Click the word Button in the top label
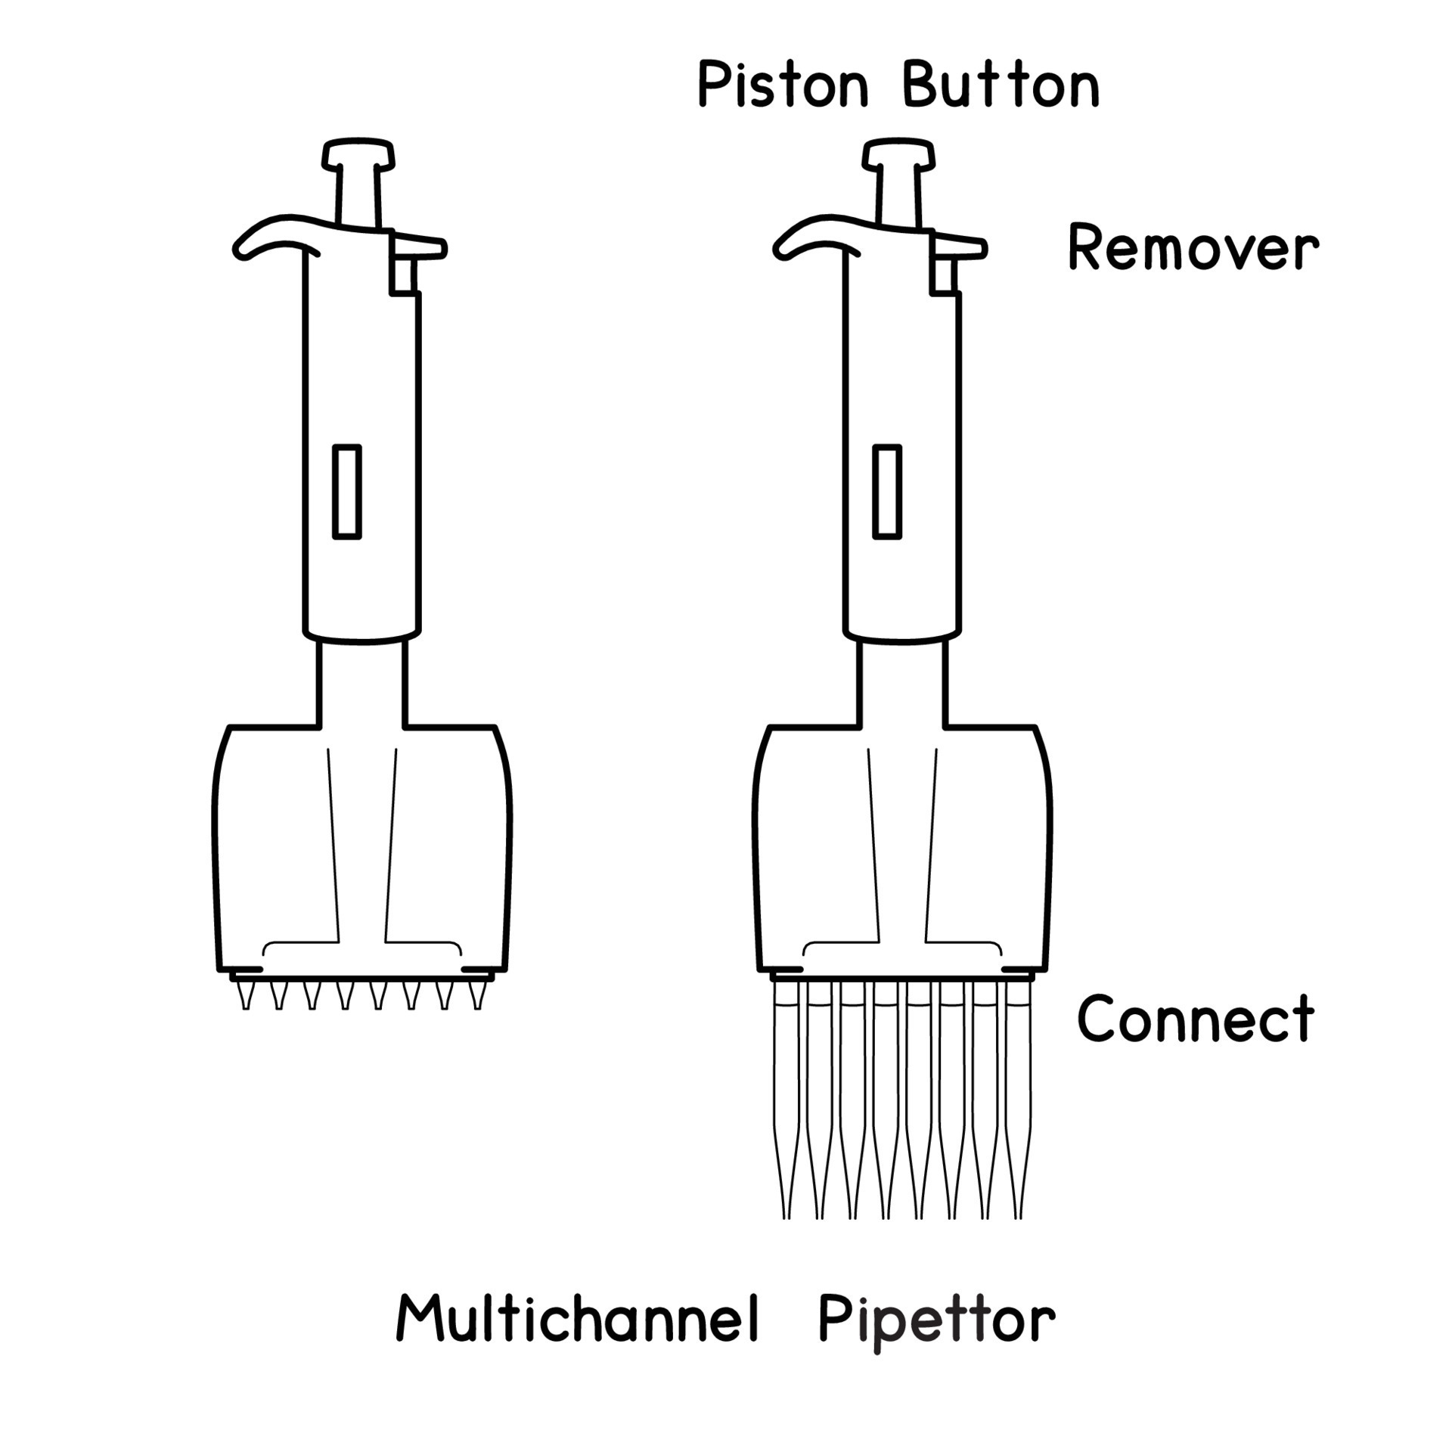(1001, 85)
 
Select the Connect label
(1195, 1019)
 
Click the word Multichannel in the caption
(578, 1318)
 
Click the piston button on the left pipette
(358, 155)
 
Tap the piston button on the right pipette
(899, 155)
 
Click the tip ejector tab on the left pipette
(418, 248)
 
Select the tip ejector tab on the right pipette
(959, 248)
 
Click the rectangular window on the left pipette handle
(347, 492)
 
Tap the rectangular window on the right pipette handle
(887, 492)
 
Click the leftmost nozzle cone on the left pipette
(245, 995)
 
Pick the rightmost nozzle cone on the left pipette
(476, 995)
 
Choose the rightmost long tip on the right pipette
(1018, 1097)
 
